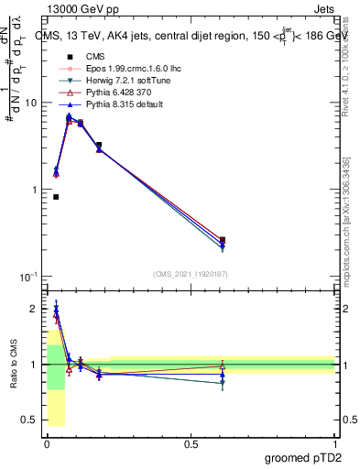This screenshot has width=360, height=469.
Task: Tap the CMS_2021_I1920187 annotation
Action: click(190, 274)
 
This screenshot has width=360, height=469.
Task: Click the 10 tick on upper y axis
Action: click(30, 104)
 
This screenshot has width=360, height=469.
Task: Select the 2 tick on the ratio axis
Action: click(33, 309)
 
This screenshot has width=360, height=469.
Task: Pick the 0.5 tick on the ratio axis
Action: click(29, 420)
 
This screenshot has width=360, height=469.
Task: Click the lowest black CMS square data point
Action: click(56, 197)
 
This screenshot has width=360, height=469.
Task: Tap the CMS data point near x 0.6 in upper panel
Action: click(223, 240)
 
